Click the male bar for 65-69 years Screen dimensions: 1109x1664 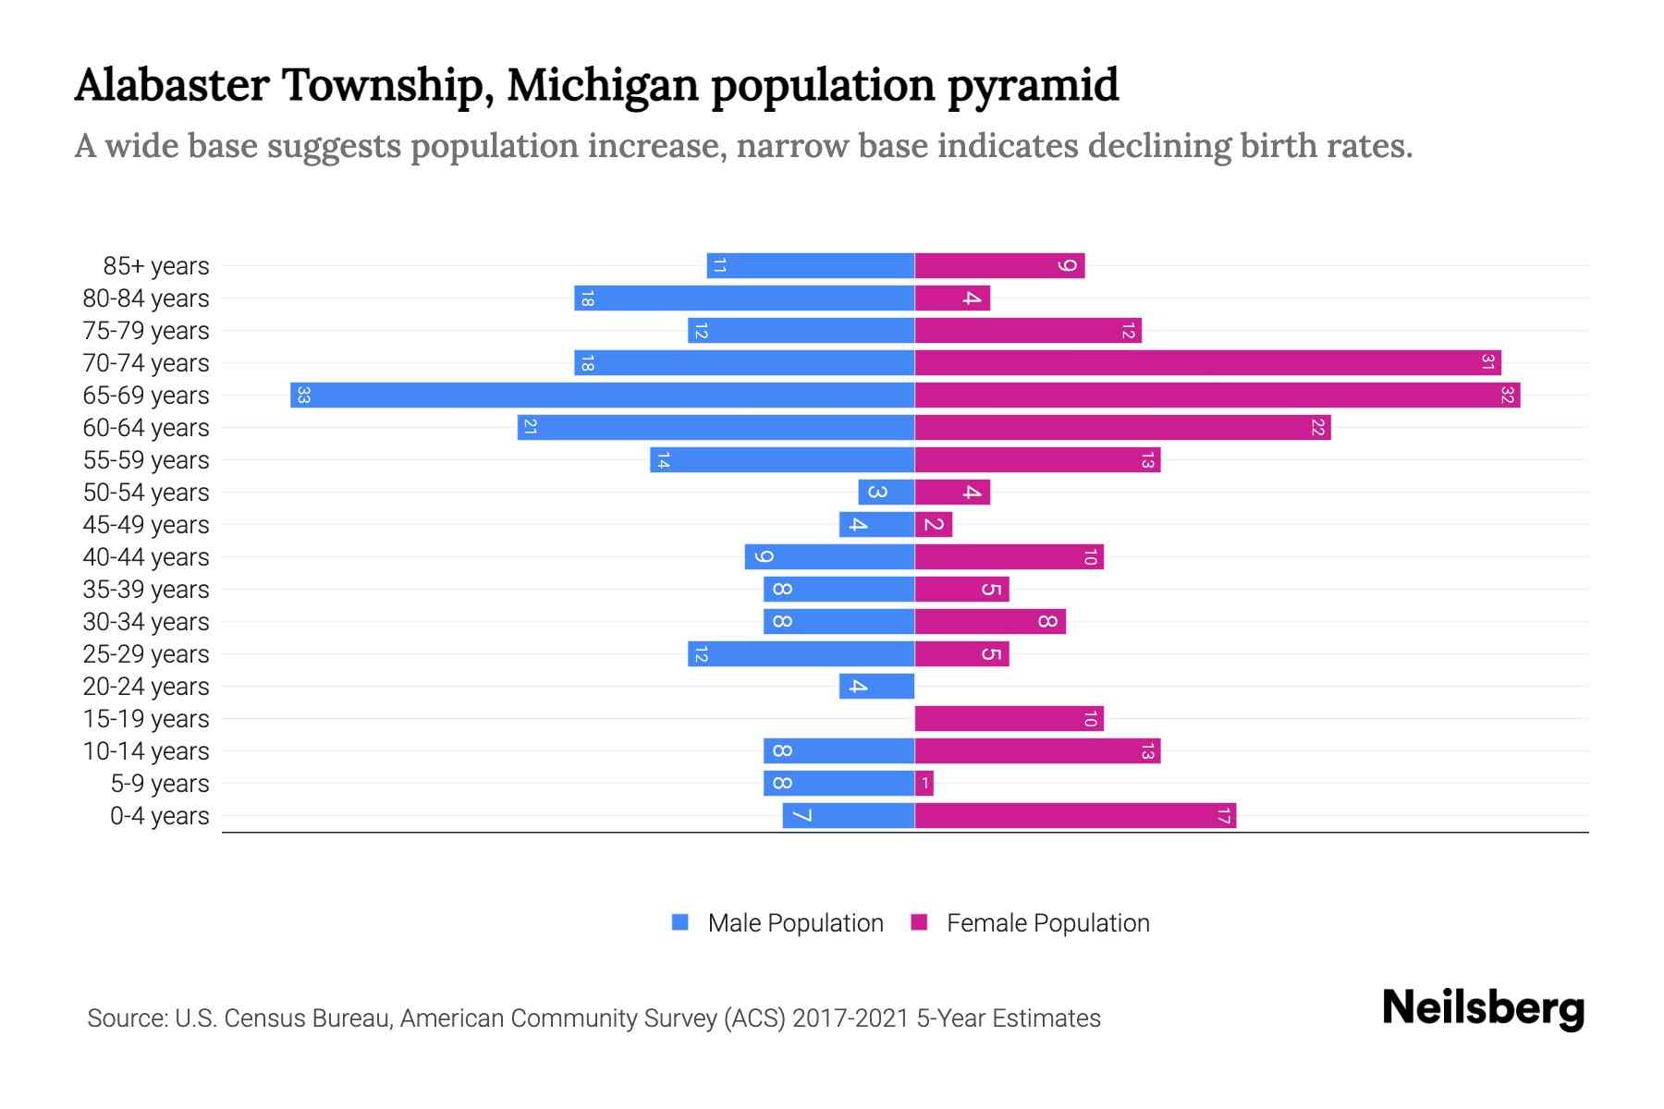click(602, 396)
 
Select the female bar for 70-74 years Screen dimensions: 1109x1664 click(1207, 363)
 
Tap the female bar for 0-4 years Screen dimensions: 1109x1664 click(1075, 816)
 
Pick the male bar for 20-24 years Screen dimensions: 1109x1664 click(876, 687)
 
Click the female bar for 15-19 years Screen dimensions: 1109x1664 click(1009, 719)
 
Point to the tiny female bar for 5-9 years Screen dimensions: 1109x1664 click(924, 784)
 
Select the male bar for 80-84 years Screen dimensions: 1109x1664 click(744, 299)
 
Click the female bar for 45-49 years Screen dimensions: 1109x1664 click(934, 525)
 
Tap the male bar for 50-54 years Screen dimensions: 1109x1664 click(886, 493)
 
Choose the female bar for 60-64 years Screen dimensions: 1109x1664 click(1122, 428)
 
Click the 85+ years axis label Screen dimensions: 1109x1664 click(155, 266)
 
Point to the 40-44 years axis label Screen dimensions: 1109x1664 click(146, 557)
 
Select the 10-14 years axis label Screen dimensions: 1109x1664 click(146, 751)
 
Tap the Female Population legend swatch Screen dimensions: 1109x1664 click(919, 922)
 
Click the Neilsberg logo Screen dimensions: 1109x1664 click(1483, 1008)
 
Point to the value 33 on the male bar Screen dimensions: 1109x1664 click(303, 396)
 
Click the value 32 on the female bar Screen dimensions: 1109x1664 click(1507, 396)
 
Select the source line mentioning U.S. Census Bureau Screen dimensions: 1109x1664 click(593, 1018)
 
